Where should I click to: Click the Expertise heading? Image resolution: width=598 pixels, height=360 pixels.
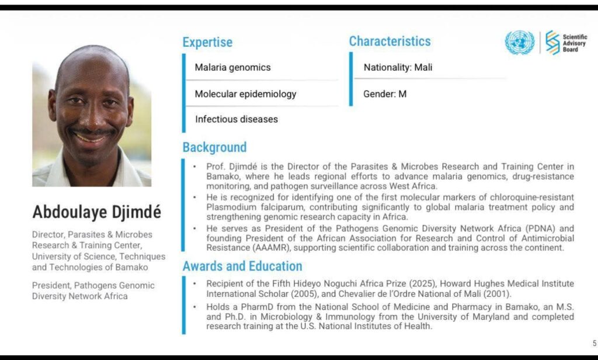click(207, 42)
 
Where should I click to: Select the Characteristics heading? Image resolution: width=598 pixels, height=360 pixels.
click(390, 41)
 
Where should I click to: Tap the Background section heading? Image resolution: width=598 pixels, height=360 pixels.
click(214, 147)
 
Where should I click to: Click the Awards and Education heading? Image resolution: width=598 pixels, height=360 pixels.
click(242, 266)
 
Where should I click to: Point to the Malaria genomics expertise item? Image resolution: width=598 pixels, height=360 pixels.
click(232, 67)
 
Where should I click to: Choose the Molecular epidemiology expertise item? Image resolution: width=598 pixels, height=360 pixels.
click(246, 94)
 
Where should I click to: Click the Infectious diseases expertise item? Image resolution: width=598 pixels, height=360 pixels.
click(237, 119)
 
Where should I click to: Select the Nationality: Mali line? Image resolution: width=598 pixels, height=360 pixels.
click(398, 67)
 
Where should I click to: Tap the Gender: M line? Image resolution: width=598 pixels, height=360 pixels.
click(385, 94)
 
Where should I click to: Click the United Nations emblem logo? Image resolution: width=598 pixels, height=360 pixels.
click(519, 43)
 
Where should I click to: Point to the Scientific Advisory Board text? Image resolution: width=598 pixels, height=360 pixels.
click(575, 43)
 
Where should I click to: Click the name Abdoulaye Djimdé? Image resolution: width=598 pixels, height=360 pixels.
click(96, 212)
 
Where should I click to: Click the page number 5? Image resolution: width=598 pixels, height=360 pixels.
click(594, 343)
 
